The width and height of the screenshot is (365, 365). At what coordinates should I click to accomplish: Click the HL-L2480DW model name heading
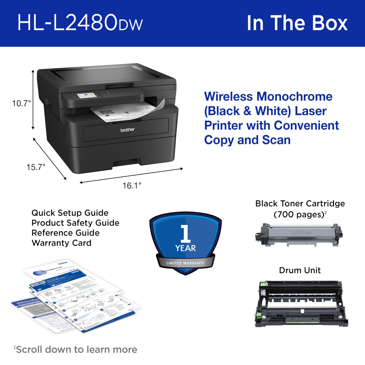pyautogui.click(x=80, y=23)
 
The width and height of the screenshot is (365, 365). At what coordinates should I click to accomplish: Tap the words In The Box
pyautogui.click(x=297, y=23)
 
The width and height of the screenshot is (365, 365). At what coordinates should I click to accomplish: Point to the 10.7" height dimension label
pyautogui.click(x=21, y=103)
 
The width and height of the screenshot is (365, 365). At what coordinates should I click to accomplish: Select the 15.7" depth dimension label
pyautogui.click(x=36, y=167)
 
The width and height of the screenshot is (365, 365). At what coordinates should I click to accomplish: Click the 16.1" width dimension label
pyautogui.click(x=132, y=186)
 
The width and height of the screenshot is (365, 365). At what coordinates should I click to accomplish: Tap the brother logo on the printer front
pyautogui.click(x=127, y=130)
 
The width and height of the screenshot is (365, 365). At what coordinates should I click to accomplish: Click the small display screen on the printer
pyautogui.click(x=86, y=96)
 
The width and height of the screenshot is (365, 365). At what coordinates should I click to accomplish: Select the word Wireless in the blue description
pyautogui.click(x=228, y=97)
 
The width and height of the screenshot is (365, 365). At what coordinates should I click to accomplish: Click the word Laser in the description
pyautogui.click(x=311, y=111)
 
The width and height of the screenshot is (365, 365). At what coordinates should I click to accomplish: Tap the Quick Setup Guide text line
pyautogui.click(x=70, y=213)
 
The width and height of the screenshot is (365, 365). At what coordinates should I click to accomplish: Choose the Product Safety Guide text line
pyautogui.click(x=75, y=223)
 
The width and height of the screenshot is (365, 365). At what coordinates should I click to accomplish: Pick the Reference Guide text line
pyautogui.click(x=65, y=233)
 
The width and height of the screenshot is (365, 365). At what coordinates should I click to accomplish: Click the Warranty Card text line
pyautogui.click(x=61, y=243)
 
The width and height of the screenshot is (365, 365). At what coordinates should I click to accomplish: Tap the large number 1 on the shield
pyautogui.click(x=186, y=234)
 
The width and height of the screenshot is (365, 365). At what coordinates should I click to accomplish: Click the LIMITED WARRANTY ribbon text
pyautogui.click(x=186, y=263)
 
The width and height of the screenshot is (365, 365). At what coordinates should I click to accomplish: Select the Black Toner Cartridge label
pyautogui.click(x=300, y=204)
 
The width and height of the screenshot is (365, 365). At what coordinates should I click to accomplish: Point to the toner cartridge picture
pyautogui.click(x=299, y=235)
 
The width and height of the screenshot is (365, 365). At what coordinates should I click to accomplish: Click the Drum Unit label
pyautogui.click(x=300, y=270)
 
